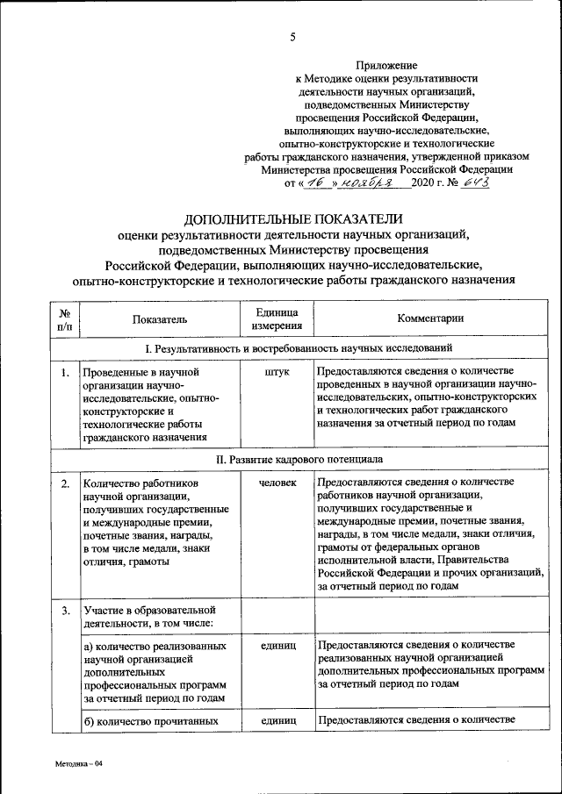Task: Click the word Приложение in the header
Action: (x=387, y=65)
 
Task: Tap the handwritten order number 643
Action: (x=475, y=182)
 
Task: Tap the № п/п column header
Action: (x=65, y=319)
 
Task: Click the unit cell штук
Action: (x=277, y=372)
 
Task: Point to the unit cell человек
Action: (x=277, y=483)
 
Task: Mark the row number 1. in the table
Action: (x=65, y=372)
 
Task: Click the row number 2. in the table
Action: (x=65, y=483)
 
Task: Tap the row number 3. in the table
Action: (x=65, y=609)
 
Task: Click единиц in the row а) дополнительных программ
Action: (x=277, y=645)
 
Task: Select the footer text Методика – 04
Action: (x=78, y=764)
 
